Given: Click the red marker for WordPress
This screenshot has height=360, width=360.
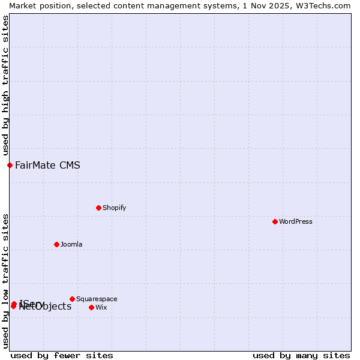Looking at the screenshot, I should click(275, 221).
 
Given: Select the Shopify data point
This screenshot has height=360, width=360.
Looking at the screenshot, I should click(98, 208).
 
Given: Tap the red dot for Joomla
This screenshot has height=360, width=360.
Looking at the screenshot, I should click(56, 244).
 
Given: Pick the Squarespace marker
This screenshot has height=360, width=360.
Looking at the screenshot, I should click(72, 299).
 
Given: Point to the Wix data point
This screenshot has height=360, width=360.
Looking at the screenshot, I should click(91, 307).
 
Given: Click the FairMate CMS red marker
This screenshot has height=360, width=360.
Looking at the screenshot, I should click(10, 165).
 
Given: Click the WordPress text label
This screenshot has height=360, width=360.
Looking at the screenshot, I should click(296, 221).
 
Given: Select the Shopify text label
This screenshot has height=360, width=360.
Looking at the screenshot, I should click(114, 208).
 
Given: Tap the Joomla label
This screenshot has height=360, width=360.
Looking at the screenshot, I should click(71, 244).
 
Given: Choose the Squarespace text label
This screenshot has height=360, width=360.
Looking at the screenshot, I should click(97, 299).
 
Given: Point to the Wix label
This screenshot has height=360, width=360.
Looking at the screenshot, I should click(101, 307).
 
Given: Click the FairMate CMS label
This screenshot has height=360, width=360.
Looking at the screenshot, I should click(47, 165).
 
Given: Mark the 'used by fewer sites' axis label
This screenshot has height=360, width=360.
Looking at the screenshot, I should click(62, 355).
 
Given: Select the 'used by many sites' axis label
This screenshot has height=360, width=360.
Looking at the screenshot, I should click(301, 355).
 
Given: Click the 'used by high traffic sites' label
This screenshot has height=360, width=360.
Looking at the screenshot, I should click(5, 86).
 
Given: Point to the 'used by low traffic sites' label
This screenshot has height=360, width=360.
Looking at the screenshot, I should click(5, 281).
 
